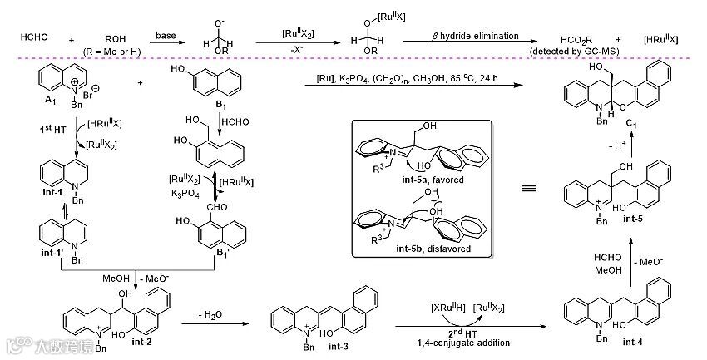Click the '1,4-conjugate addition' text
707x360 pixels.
(463, 342)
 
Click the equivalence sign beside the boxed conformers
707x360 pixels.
(527, 189)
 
